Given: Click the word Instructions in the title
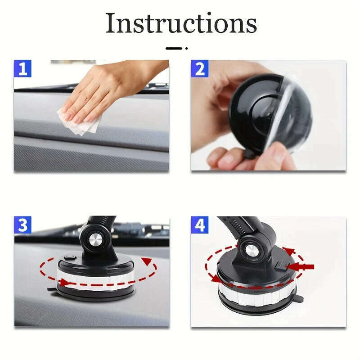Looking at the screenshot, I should [181, 23].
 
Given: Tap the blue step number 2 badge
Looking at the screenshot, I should [200, 69].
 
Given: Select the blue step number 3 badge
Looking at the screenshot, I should [23, 225].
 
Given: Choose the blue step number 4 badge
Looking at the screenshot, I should [200, 225].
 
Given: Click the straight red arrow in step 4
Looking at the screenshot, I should [301, 267].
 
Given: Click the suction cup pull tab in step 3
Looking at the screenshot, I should [52, 289].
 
